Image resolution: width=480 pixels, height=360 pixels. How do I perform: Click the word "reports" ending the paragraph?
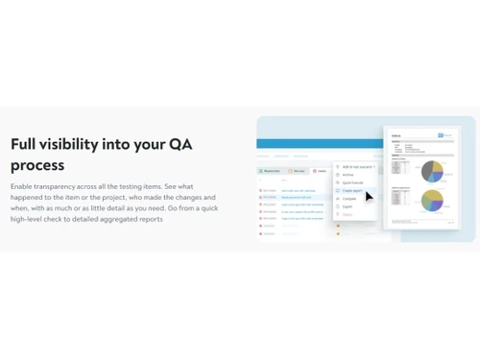(x=150, y=219)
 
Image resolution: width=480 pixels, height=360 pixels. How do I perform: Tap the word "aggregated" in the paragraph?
(x=117, y=219)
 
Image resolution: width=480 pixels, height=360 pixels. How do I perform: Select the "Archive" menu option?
(x=348, y=175)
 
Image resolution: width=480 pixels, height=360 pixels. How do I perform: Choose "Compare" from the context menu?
(x=349, y=199)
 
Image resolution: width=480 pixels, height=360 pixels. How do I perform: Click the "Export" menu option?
(x=348, y=206)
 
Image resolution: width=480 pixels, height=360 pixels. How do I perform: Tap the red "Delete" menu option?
(x=348, y=214)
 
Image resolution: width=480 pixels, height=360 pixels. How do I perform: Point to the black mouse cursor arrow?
(x=370, y=196)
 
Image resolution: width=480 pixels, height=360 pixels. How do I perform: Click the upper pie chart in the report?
(x=431, y=171)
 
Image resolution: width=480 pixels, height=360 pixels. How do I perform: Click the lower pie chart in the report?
(x=432, y=200)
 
